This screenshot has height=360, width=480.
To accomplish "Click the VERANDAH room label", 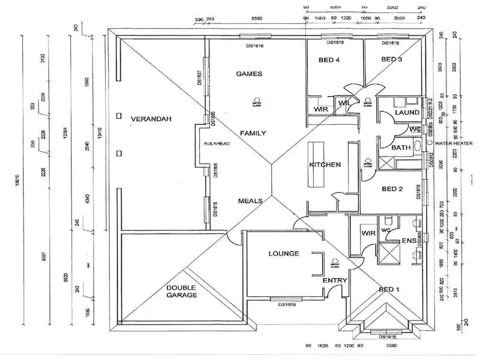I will coord(151,119).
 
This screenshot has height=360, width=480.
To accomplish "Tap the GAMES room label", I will coord(249,73).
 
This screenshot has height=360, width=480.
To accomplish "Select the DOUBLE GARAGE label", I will coord(182,291).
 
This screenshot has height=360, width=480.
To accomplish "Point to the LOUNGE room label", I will coord(284,253).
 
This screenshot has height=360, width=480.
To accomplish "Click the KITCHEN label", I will coord(325,164).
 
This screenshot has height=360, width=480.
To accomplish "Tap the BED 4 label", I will coord(329,59).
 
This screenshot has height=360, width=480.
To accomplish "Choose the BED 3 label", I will coord(391,59).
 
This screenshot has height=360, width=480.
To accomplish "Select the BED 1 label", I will coord(389,290).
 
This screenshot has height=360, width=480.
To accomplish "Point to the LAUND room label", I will coord(407,113).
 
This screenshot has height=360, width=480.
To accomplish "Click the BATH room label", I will coord(400,147).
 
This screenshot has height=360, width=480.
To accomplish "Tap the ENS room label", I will coord(409,241).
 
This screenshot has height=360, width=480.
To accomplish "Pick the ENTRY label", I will coord(335,280).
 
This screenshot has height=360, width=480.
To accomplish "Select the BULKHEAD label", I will coord(214,144).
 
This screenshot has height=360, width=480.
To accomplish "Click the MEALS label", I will coord(250,201).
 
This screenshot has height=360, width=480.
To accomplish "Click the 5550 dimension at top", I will coord(257,19).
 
